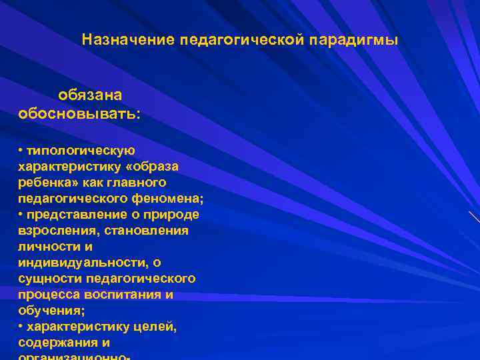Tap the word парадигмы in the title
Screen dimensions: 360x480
coord(355,40)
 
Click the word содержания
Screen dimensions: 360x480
coord(56,343)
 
